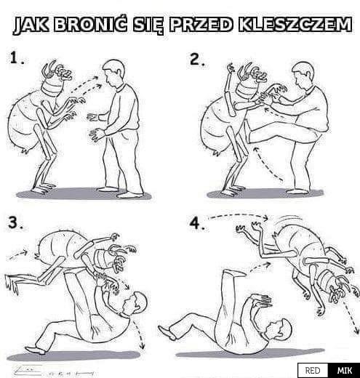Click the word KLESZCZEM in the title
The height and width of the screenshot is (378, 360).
coord(295,24)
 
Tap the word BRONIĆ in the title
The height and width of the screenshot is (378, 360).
coord(90,24)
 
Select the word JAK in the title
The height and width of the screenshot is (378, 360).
coord(31,25)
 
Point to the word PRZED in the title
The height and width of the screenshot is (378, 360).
coord(201,24)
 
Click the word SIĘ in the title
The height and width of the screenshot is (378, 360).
coord(148,25)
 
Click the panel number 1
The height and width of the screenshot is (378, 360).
coord(17,58)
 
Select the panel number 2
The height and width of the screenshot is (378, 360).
coord(197,60)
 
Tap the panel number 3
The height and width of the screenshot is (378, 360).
coord(16,222)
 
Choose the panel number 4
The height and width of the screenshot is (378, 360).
coord(197,223)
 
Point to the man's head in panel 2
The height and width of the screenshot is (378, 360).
coord(303,74)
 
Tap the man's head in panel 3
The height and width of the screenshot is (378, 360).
coord(135,304)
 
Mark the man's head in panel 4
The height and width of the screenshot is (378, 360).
coord(279,329)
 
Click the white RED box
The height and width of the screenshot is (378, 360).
coord(313,371)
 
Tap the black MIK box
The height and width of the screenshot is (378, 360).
coord(344,371)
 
